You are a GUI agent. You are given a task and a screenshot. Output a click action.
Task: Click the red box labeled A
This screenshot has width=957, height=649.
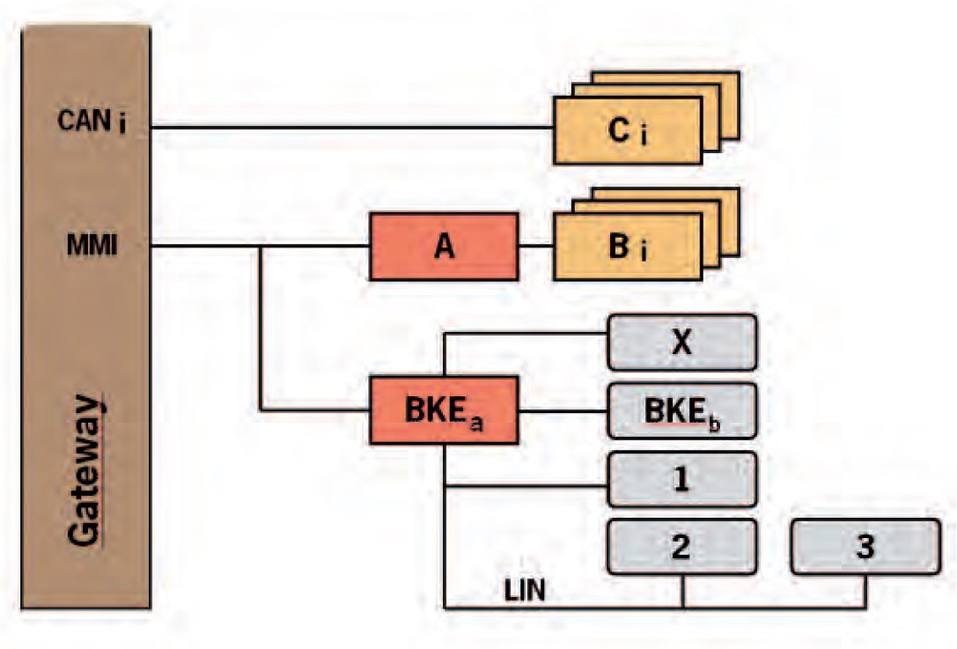[443, 247]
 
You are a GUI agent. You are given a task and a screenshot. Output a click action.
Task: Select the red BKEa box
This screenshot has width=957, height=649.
[443, 410]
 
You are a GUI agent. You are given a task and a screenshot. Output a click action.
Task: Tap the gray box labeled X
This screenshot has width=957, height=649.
[681, 342]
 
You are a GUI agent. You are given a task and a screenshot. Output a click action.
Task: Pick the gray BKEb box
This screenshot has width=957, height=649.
[681, 410]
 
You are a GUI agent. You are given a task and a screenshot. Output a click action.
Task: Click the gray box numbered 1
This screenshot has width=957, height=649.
[681, 480]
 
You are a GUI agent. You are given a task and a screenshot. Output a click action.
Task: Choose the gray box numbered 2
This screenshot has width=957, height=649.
[681, 547]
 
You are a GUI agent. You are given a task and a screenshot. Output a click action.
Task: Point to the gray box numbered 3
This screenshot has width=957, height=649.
[865, 547]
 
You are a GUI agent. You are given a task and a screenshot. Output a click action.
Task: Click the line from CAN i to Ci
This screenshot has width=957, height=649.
[352, 128]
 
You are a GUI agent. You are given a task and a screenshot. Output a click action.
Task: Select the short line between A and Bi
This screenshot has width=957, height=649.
[535, 247]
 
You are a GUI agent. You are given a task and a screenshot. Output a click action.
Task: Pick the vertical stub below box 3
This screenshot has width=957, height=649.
[865, 591]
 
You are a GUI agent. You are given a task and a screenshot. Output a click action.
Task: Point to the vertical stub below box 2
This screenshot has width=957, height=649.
[683, 591]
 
